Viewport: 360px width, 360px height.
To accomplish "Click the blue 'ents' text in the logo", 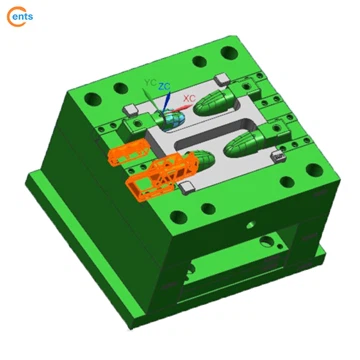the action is pos(24,16).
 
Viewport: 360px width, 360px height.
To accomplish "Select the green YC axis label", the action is pos(150,82).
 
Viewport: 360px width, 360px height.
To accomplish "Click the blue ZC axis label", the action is pos(164,87).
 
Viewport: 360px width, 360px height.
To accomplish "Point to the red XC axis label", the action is pos(189,98).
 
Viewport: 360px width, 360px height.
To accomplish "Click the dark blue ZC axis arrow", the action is pos(166,101).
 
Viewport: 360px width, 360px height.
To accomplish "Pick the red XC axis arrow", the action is pos(180,108).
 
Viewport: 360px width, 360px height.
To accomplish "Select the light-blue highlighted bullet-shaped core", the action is pos(172,119).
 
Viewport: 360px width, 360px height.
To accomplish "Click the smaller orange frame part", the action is pos(128,154).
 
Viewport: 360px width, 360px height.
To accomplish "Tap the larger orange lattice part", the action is pos(160,176).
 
